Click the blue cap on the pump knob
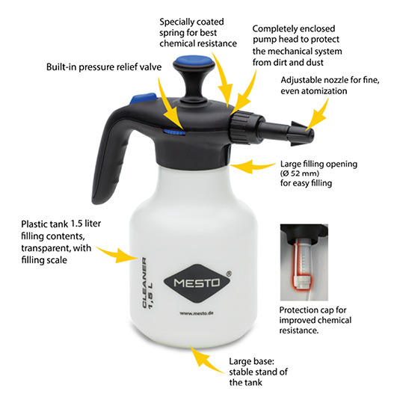tap(194, 61)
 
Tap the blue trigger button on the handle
tap(144, 98)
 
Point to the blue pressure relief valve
tap(174, 132)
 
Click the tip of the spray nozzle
tap(310, 135)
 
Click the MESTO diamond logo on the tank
tap(197, 283)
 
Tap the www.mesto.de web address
tap(197, 313)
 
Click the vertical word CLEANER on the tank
tap(144, 282)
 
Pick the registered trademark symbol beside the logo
tap(229, 274)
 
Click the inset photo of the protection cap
tap(304, 262)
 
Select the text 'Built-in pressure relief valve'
tap(104, 67)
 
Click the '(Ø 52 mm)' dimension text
tap(300, 173)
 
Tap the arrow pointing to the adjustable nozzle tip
tap(318, 116)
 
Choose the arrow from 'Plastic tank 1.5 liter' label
tap(117, 254)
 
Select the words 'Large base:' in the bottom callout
tap(252, 361)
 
